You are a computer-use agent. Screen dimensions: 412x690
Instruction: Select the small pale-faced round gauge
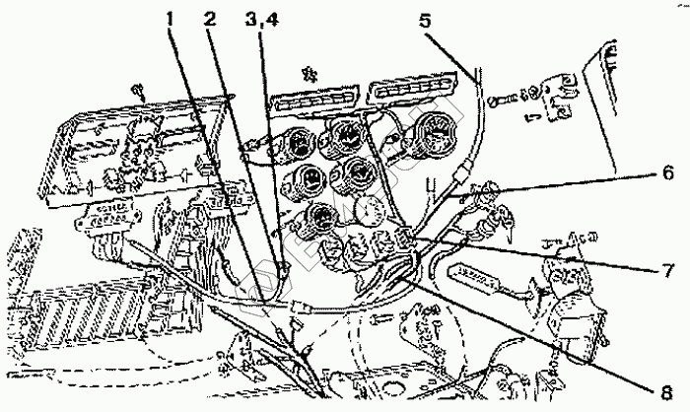[369, 209]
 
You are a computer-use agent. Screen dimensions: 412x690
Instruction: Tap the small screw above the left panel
[138, 89]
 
